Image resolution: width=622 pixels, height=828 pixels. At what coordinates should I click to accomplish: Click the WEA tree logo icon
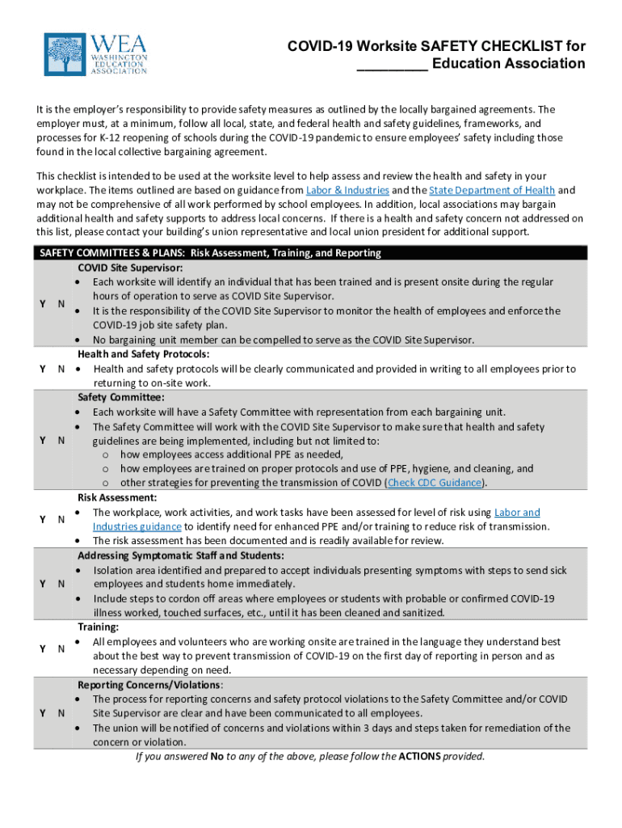pyautogui.click(x=65, y=54)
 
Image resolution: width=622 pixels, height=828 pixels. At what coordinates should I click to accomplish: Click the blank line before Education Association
pyautogui.click(x=393, y=64)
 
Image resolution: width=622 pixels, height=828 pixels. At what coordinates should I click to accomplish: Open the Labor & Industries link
pyautogui.click(x=347, y=190)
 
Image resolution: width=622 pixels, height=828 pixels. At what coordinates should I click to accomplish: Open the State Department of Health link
pyautogui.click(x=491, y=190)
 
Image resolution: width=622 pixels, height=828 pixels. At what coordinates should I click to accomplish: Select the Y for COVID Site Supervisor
pyautogui.click(x=42, y=304)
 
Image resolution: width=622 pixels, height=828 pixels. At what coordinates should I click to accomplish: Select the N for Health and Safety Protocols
pyautogui.click(x=61, y=369)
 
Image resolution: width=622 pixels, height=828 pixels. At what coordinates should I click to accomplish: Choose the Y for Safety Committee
pyautogui.click(x=42, y=441)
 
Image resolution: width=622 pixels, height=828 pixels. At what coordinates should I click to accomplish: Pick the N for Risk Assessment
pyautogui.click(x=61, y=519)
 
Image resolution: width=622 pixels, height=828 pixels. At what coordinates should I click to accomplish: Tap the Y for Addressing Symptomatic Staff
pyautogui.click(x=42, y=584)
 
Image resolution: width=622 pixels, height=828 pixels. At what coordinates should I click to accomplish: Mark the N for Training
pyautogui.click(x=61, y=648)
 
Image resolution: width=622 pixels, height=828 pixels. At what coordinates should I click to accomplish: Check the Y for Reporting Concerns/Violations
pyautogui.click(x=42, y=713)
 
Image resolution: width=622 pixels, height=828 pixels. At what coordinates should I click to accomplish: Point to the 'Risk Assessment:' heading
pyautogui.click(x=117, y=498)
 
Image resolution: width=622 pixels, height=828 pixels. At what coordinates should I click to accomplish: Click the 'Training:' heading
pyautogui.click(x=98, y=627)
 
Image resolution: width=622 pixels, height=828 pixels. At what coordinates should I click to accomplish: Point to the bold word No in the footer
pyautogui.click(x=216, y=757)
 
